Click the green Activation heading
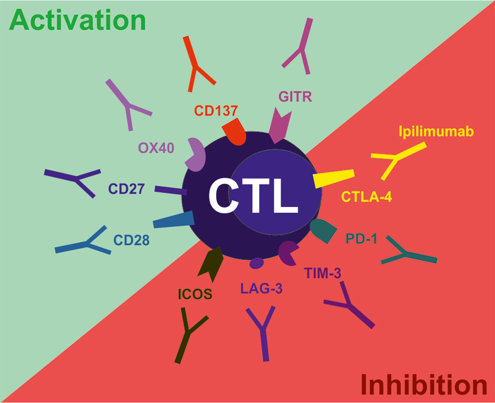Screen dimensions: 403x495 (x=78, y=19)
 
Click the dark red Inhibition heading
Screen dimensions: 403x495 (x=423, y=385)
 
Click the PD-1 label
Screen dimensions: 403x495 (x=362, y=239)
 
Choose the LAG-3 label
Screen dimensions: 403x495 (x=258, y=288)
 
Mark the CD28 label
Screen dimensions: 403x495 (x=132, y=240)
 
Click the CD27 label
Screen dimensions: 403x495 (x=126, y=189)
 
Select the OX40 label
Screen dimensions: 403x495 (x=156, y=147)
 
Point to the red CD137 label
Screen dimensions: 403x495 (x=216, y=111)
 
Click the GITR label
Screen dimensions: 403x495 (x=295, y=96)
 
